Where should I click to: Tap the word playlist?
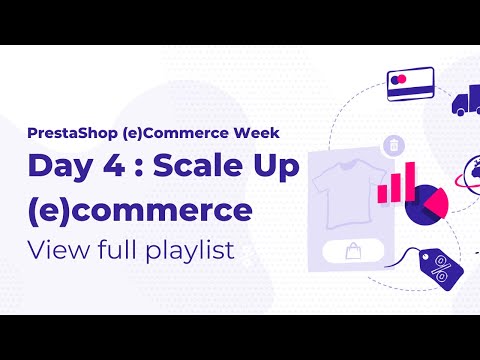point(190,250)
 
